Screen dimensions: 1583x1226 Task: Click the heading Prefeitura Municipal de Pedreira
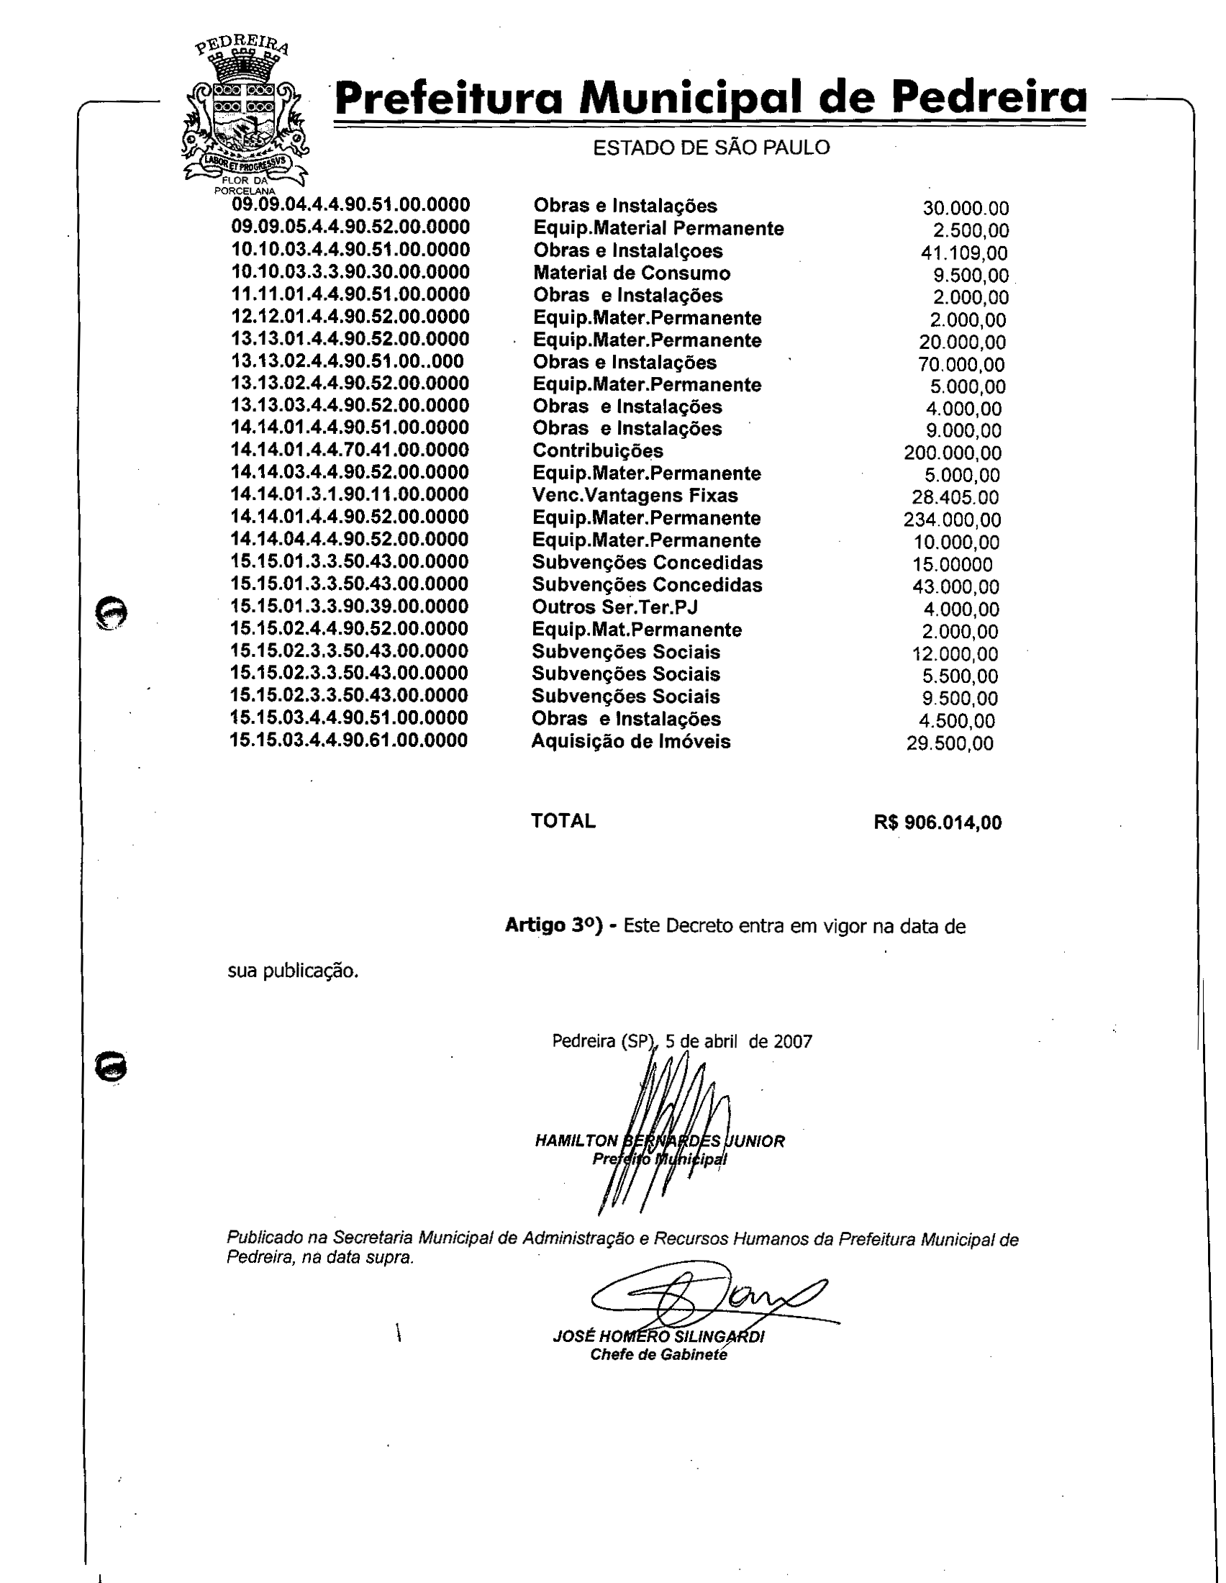[x=710, y=98]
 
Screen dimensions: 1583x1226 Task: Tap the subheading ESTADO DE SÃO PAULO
[x=711, y=148]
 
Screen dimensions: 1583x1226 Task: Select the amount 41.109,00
[x=963, y=253]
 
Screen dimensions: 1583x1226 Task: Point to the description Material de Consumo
[x=632, y=273]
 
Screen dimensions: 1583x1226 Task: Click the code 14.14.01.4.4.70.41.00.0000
[x=349, y=450]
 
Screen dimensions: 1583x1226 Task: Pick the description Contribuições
[x=598, y=451]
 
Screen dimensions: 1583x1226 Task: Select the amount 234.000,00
[x=952, y=520]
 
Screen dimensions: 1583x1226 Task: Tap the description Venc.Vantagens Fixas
[x=635, y=496]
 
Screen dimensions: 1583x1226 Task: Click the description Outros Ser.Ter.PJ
[x=614, y=607]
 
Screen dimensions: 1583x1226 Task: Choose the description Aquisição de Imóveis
[x=630, y=741]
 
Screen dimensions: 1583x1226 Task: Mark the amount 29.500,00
[x=950, y=744]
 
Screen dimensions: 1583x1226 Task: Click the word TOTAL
[x=563, y=821]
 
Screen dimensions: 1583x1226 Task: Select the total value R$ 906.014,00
[x=937, y=822]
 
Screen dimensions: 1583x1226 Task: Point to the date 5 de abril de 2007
[x=738, y=1042]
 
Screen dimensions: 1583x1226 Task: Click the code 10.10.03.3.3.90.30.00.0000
[x=350, y=272]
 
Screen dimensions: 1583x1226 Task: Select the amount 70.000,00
[x=961, y=365]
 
